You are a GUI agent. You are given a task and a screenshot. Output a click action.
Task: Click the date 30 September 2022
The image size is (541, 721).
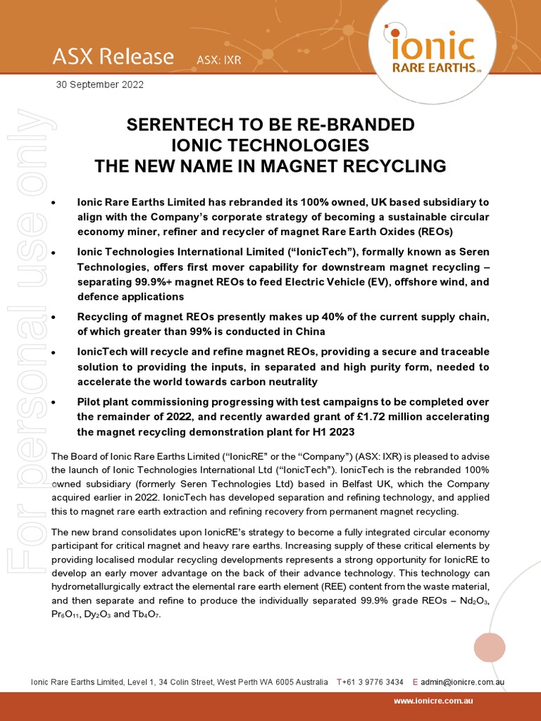point(100,84)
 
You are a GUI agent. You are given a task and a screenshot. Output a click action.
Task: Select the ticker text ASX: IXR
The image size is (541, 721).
point(218,61)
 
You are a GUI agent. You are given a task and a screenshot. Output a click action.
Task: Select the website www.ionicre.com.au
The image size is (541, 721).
point(433,701)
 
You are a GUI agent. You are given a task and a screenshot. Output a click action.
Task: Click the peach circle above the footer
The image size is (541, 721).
point(490,648)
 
